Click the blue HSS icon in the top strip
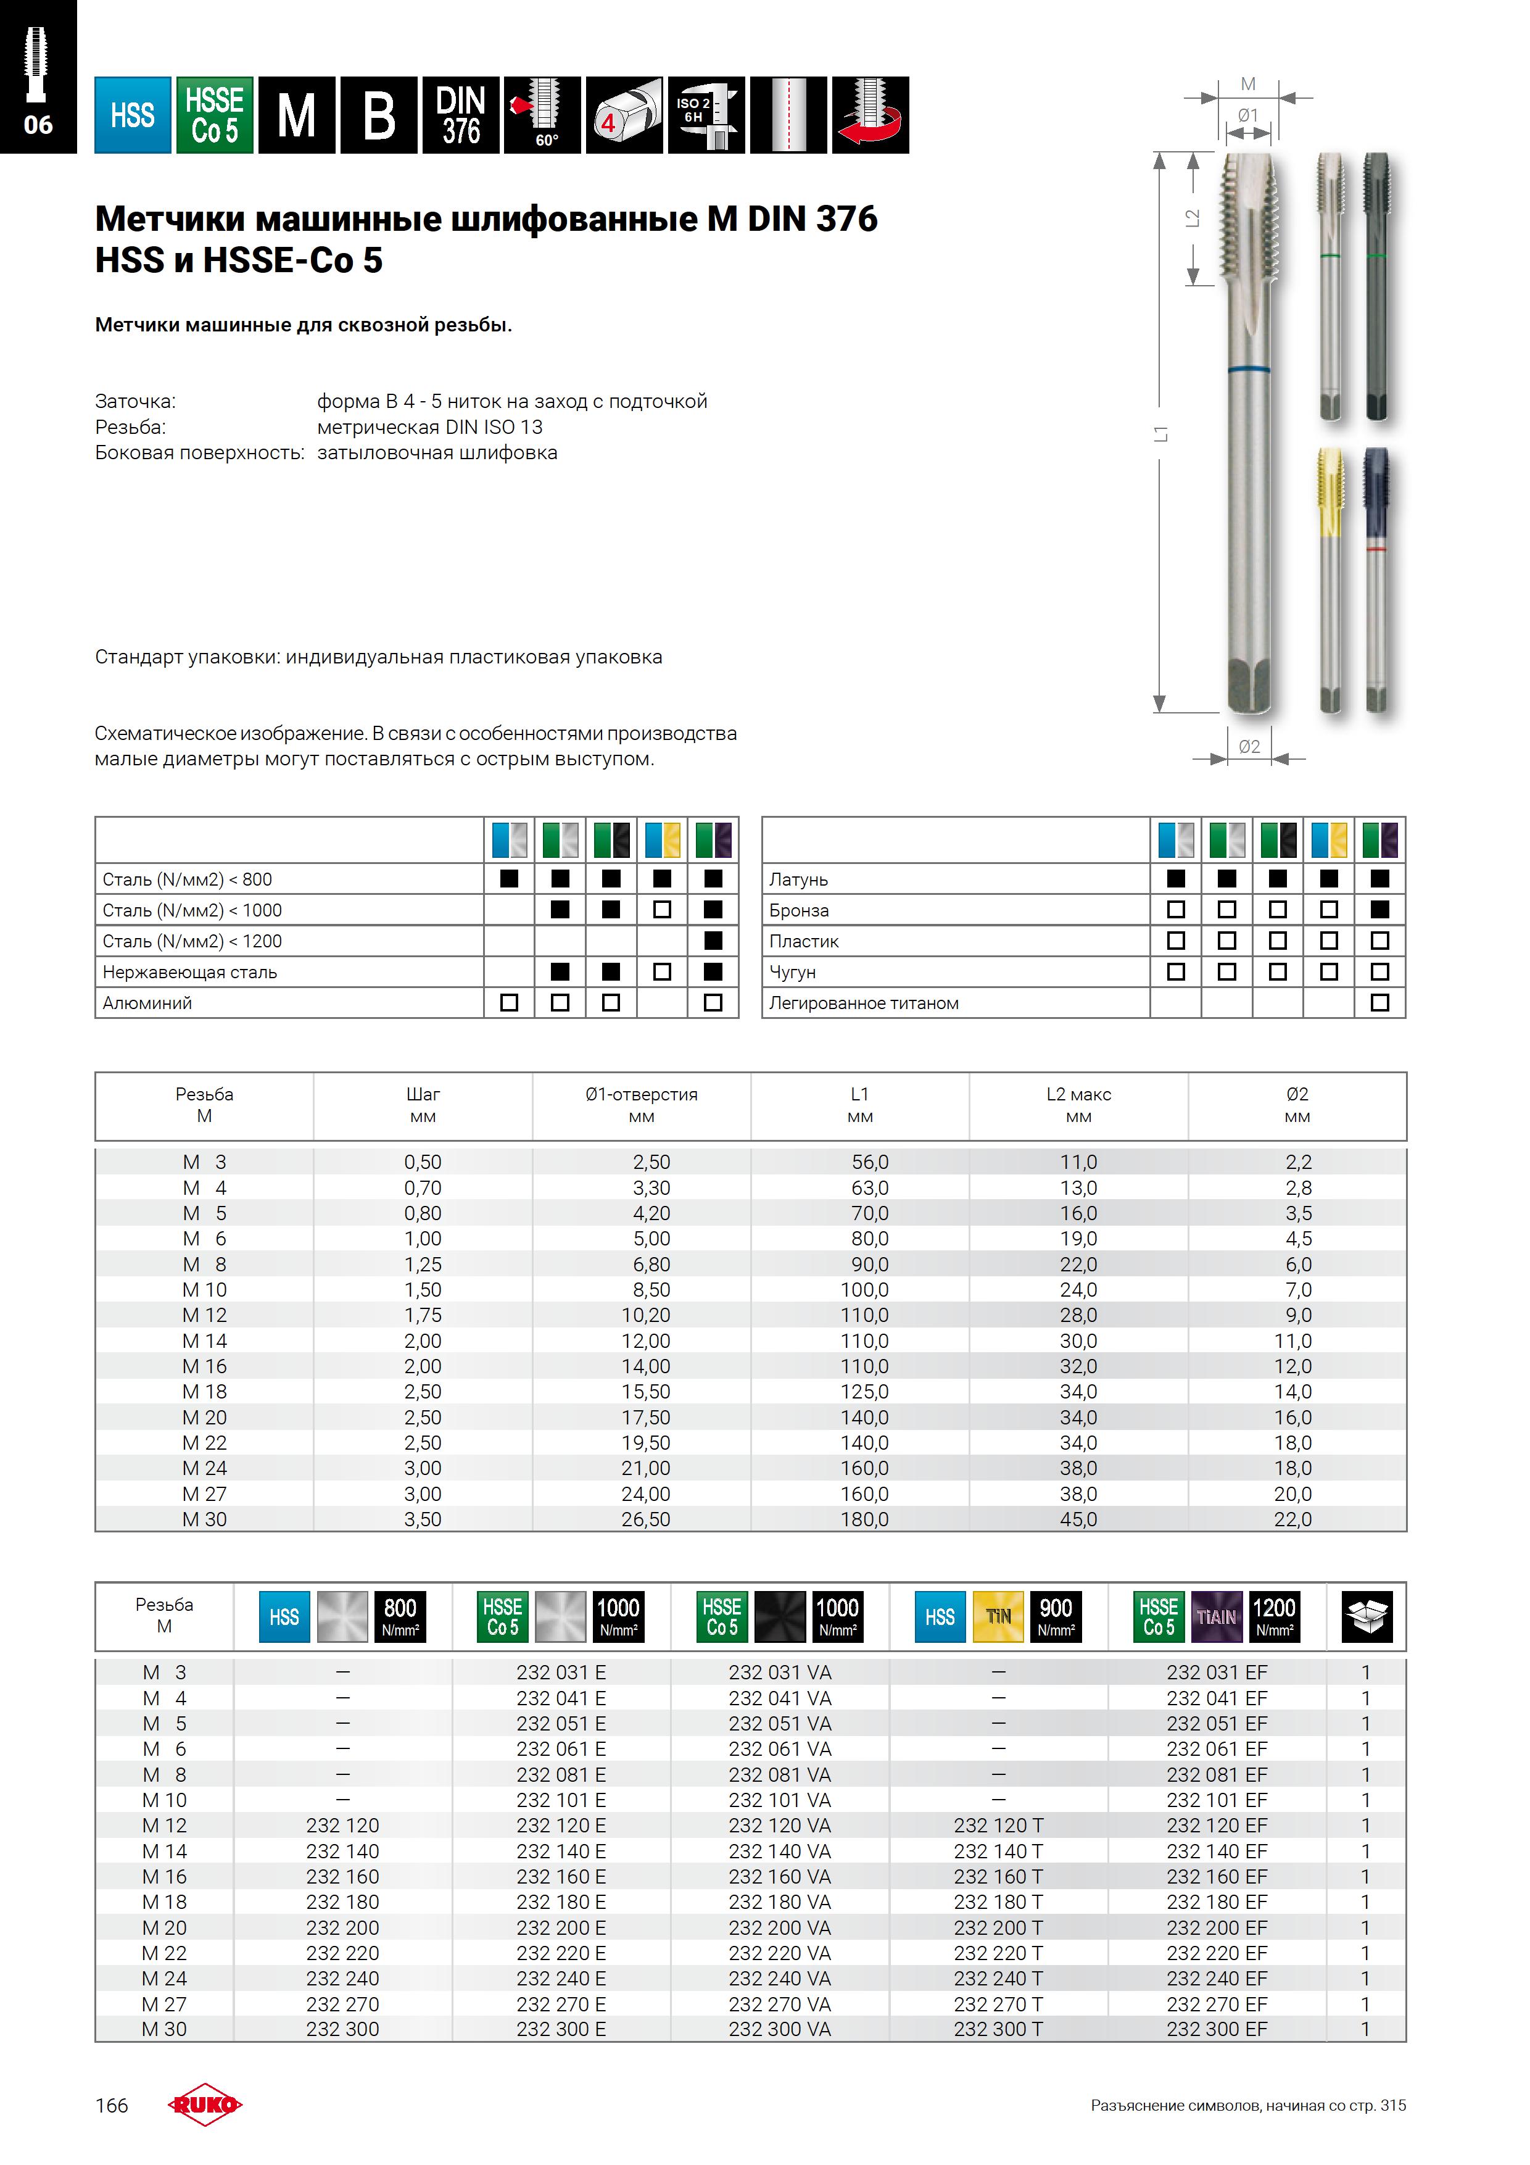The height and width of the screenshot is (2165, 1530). [x=132, y=115]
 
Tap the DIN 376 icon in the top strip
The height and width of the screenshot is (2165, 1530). [x=461, y=115]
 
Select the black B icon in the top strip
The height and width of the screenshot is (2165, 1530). [x=378, y=115]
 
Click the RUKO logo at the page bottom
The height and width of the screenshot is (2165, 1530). [x=205, y=2105]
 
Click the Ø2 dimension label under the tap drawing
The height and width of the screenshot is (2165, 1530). [x=1249, y=746]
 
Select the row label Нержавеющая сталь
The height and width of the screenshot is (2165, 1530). [x=189, y=972]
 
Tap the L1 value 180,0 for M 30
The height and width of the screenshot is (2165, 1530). [x=864, y=1519]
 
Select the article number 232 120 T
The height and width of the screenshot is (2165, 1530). [x=998, y=1826]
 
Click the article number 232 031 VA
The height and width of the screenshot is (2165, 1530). [x=780, y=1673]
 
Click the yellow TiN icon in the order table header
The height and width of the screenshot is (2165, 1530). [x=998, y=1616]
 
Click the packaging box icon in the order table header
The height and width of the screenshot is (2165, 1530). [x=1366, y=1616]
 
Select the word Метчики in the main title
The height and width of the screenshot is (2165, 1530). [x=170, y=218]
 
